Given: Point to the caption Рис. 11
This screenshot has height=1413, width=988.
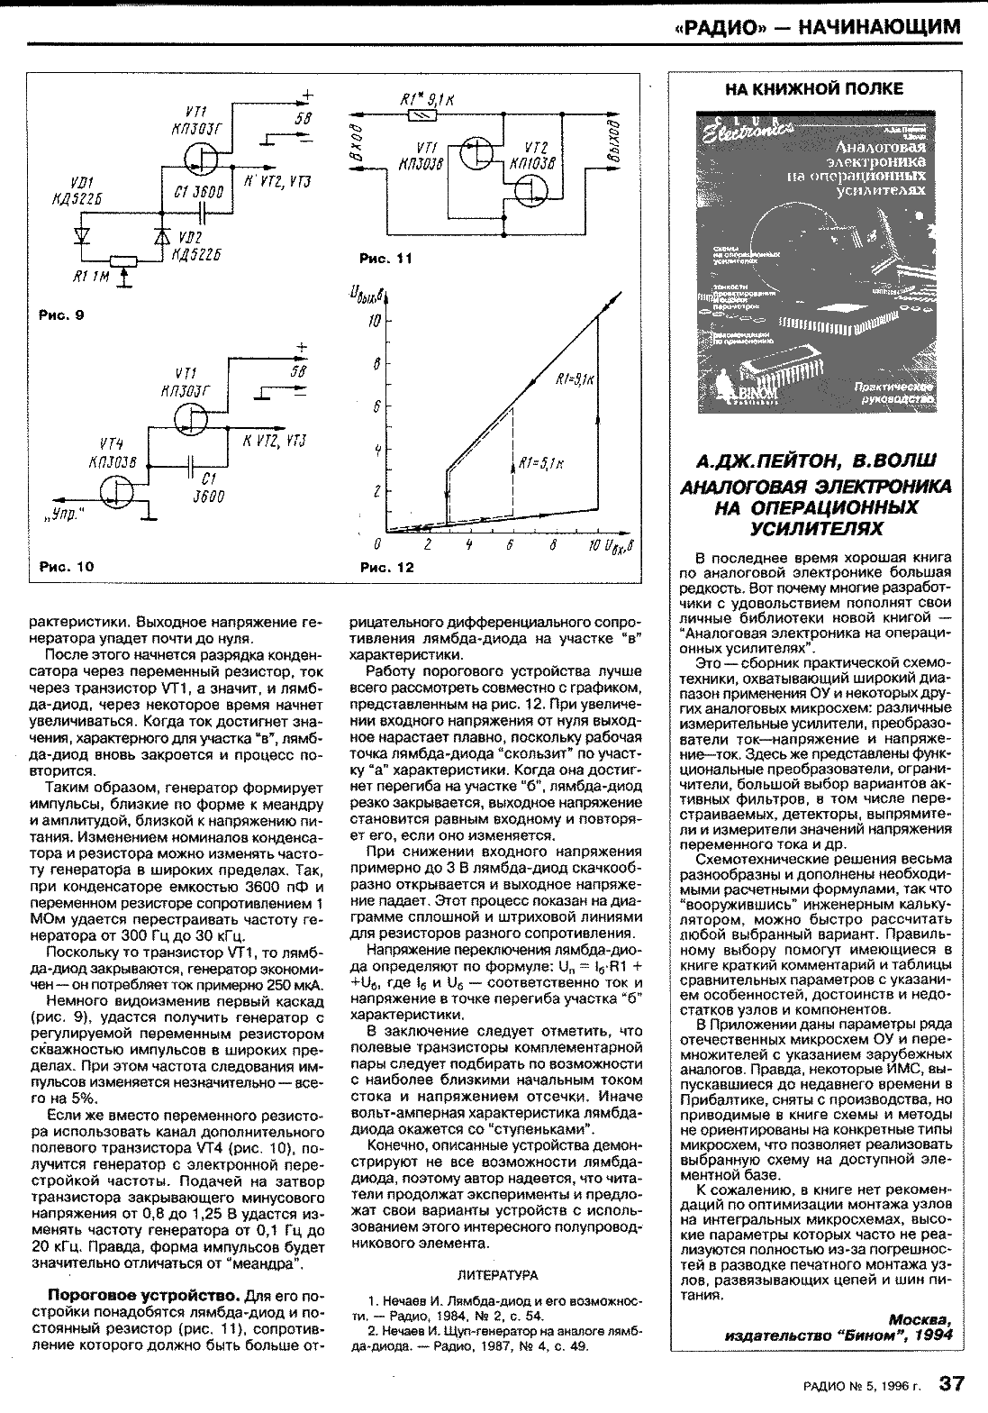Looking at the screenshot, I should point(385,259).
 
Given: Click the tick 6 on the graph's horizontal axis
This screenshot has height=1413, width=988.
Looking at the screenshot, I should point(509,546).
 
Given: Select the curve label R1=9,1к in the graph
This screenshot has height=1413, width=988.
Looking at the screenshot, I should point(575,380).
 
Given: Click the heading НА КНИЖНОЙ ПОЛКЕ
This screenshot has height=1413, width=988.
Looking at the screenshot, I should point(813,88).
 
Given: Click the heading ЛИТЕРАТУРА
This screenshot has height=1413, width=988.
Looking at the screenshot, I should point(497,1275).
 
